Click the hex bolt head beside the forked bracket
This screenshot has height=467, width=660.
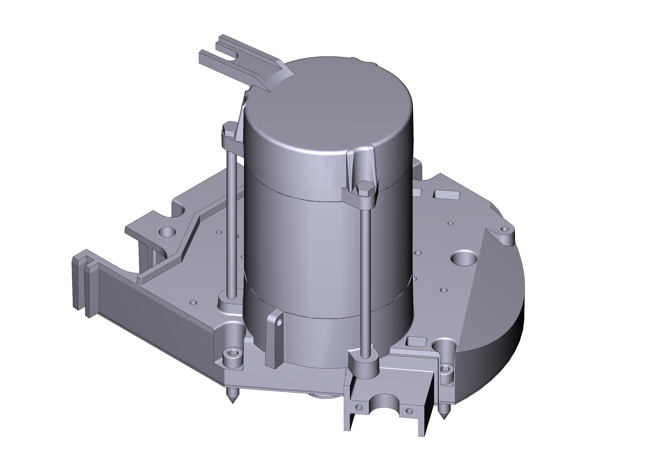click(229, 128)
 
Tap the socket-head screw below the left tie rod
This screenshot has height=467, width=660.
click(231, 353)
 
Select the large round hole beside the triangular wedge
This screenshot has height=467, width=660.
click(464, 258)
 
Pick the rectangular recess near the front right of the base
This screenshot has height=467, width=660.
click(417, 342)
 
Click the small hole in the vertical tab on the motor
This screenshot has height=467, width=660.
click(279, 324)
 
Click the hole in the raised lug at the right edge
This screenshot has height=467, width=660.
click(504, 229)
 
